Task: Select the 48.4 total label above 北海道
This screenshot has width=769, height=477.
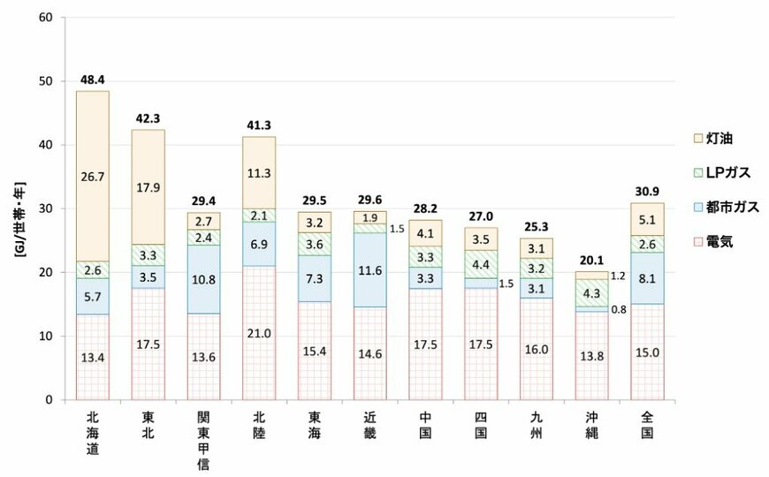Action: [x=93, y=80]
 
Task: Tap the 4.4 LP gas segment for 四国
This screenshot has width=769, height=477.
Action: [x=481, y=263]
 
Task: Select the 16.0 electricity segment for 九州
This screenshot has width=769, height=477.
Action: [x=536, y=349]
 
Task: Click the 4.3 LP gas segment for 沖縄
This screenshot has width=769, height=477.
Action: [x=590, y=293]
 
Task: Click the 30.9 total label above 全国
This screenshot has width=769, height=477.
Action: [x=647, y=192]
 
